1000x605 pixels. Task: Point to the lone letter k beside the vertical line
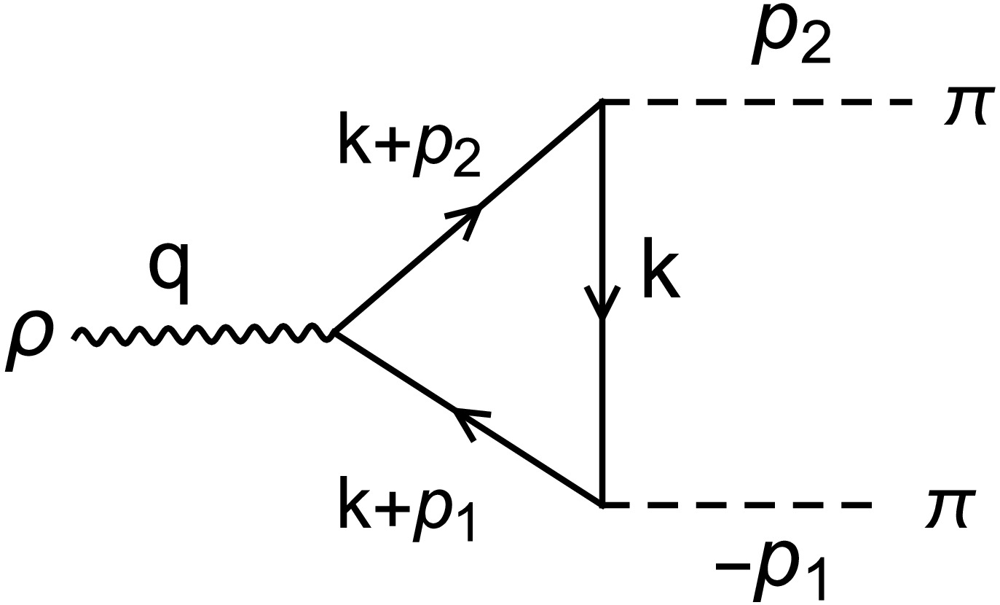661,276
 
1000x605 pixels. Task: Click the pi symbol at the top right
966,106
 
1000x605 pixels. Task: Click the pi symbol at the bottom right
949,508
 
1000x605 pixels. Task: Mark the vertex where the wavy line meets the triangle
333,333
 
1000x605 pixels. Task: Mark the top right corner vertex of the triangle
602,102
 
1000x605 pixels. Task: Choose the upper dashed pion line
757,102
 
